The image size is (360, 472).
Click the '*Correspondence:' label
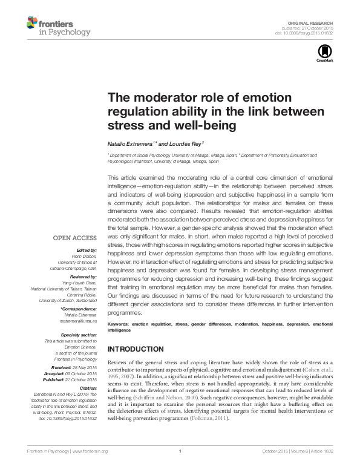point(79,309)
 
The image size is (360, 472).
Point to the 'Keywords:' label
point(119,325)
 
